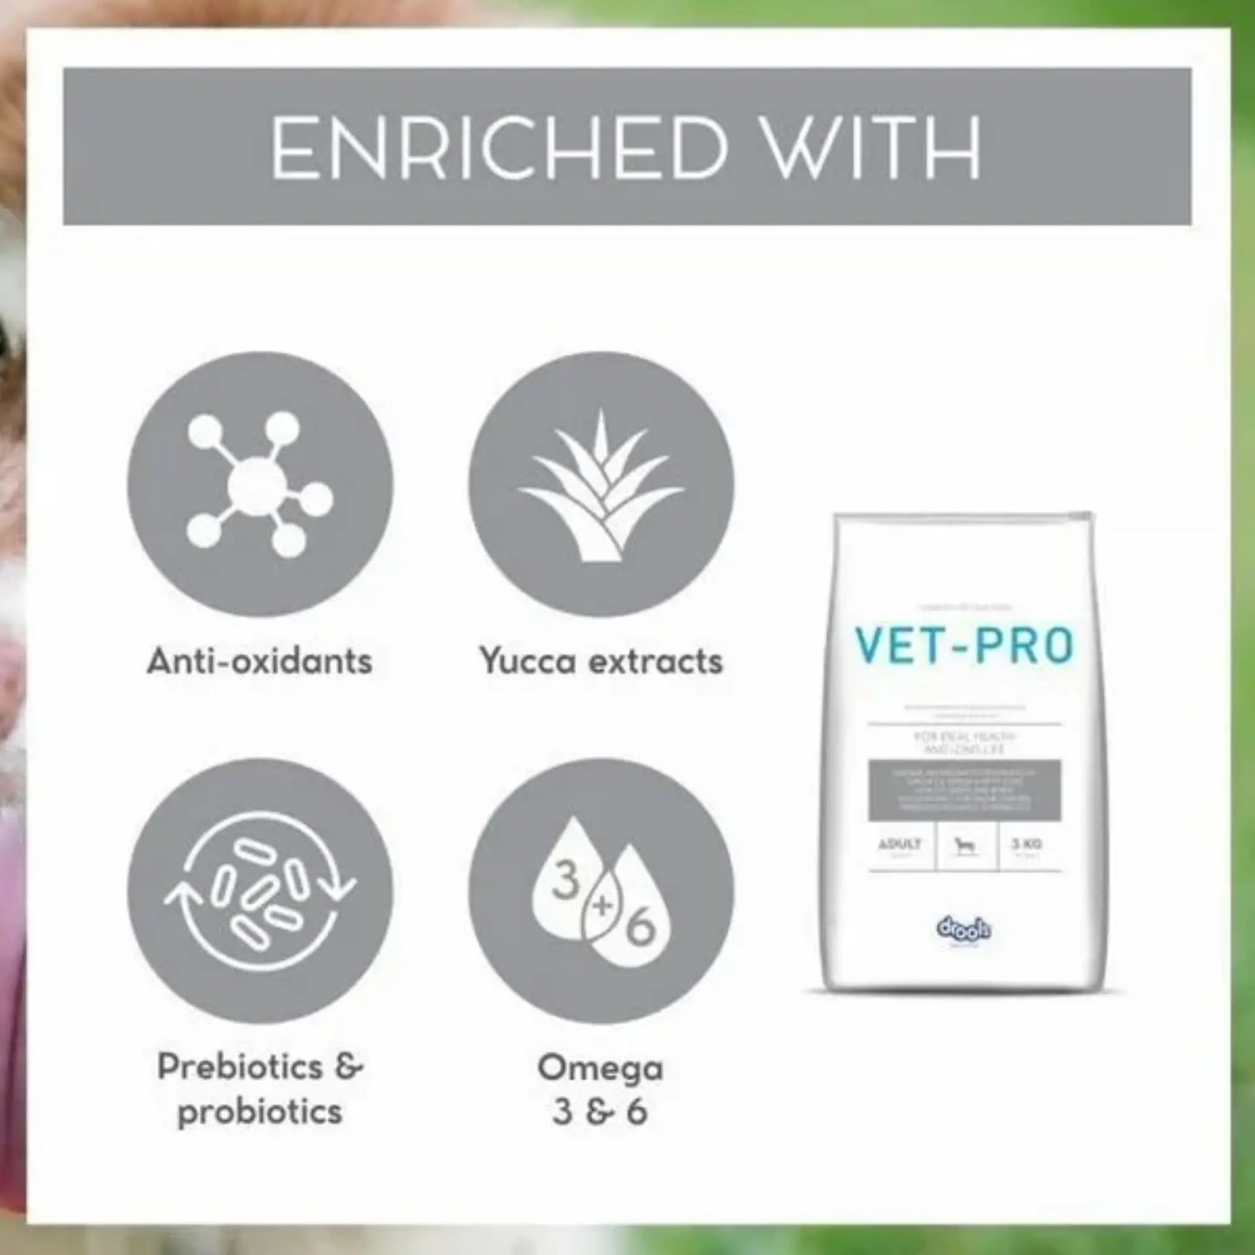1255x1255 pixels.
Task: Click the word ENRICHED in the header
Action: (x=499, y=148)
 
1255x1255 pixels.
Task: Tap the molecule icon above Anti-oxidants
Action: (x=260, y=484)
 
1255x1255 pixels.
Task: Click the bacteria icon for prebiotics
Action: (x=260, y=891)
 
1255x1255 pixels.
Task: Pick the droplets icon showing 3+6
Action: (x=601, y=891)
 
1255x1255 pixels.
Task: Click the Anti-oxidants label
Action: (x=260, y=661)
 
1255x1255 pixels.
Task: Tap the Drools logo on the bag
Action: (x=964, y=930)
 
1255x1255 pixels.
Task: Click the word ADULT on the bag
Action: (x=900, y=844)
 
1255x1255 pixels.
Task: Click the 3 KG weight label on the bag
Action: (x=1027, y=844)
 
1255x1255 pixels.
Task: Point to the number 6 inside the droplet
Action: (x=639, y=929)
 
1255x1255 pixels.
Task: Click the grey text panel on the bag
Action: (x=964, y=789)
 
